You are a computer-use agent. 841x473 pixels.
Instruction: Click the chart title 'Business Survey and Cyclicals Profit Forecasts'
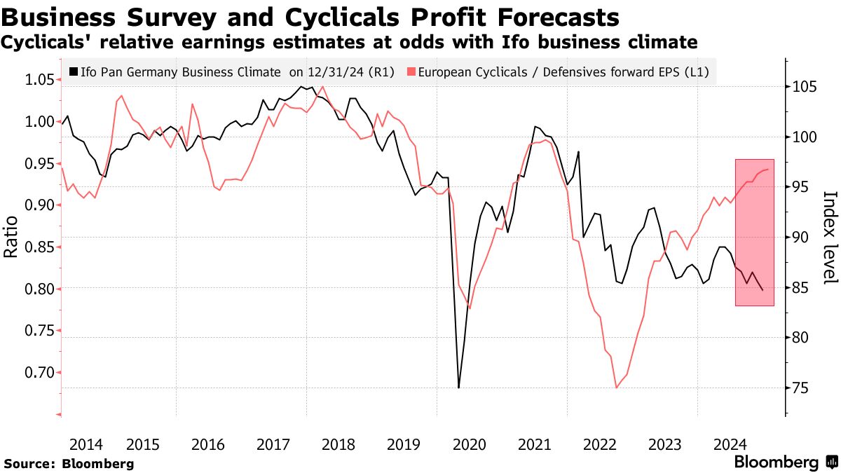pyautogui.click(x=310, y=17)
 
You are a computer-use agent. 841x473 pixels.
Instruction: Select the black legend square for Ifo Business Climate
pyautogui.click(x=74, y=71)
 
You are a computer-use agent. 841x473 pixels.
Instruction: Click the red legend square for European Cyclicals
pyautogui.click(x=411, y=71)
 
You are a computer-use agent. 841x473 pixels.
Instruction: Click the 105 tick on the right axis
pyautogui.click(x=804, y=87)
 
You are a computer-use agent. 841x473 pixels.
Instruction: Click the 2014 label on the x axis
pyautogui.click(x=86, y=444)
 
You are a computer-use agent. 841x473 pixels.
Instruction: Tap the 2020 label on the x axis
pyautogui.click(x=470, y=444)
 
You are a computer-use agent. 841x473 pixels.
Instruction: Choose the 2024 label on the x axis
pyautogui.click(x=730, y=444)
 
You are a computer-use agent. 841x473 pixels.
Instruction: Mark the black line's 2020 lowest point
pyautogui.click(x=458, y=388)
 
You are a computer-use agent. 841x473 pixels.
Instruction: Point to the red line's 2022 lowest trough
pyautogui.click(x=617, y=388)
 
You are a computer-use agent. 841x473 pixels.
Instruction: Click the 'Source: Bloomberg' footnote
pyautogui.click(x=69, y=463)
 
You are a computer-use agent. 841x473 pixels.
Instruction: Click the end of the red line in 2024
pyautogui.click(x=768, y=170)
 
